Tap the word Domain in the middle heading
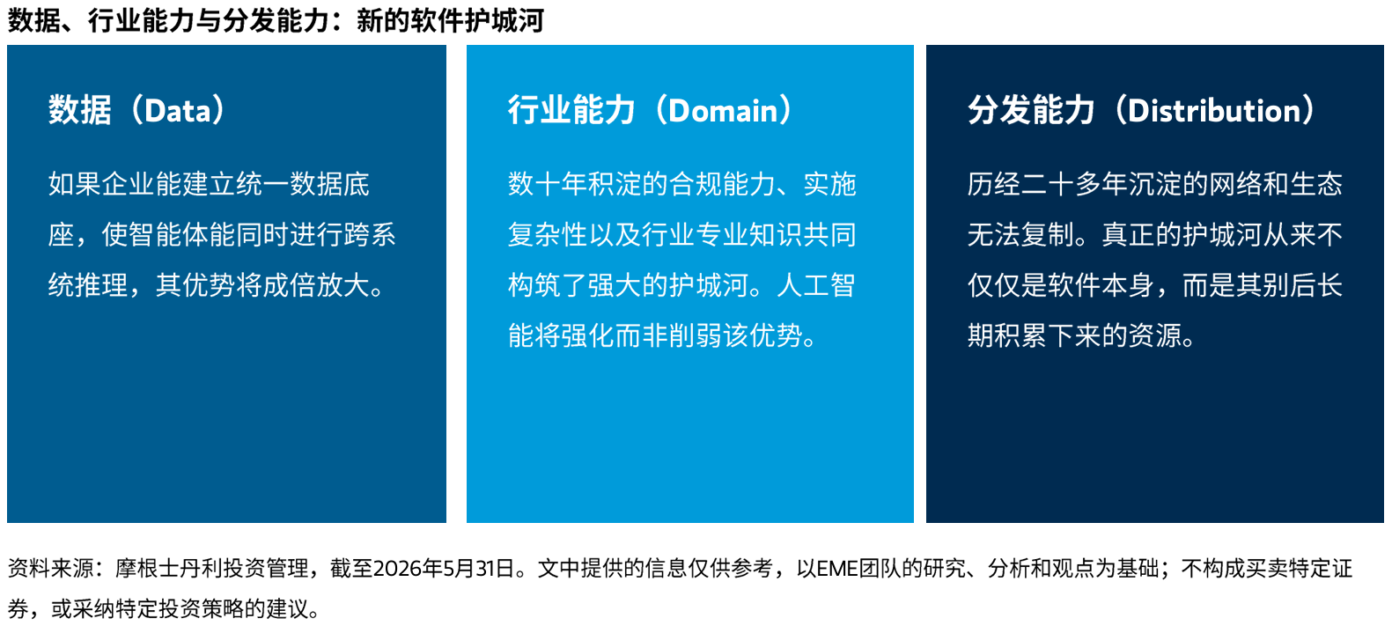[723, 111]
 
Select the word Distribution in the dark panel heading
[1213, 111]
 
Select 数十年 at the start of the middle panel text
[548, 185]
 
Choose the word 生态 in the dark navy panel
[1315, 185]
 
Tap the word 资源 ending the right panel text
[1154, 336]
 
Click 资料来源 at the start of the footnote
[49, 569]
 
